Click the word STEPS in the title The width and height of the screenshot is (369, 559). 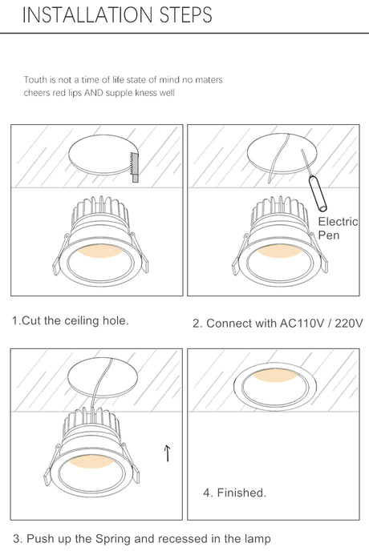186,14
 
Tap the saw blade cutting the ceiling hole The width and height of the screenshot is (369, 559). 134,167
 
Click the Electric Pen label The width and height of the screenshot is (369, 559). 338,228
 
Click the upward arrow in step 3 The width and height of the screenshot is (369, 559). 167,452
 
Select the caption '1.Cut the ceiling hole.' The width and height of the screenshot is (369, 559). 70,320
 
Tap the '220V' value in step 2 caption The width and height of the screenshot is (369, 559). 349,324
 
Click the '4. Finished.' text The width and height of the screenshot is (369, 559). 235,493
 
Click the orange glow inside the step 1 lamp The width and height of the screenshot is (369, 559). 100,250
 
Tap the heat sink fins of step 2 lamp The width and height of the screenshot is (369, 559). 280,211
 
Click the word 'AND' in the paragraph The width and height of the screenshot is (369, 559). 94,93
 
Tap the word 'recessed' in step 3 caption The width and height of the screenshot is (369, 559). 182,539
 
